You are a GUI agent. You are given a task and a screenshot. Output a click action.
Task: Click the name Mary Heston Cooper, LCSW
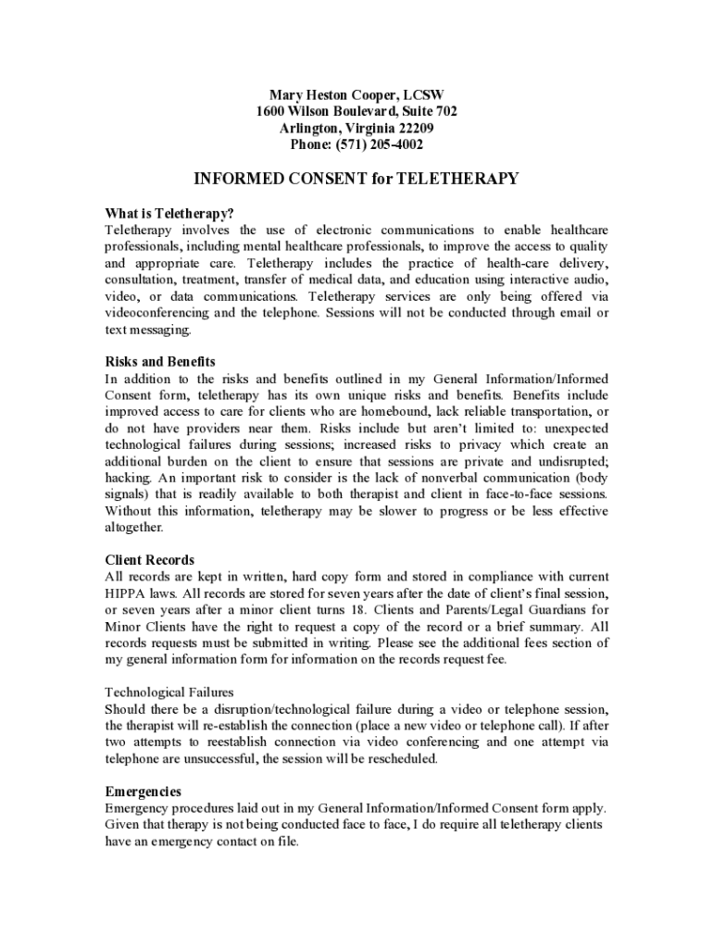coord(356,95)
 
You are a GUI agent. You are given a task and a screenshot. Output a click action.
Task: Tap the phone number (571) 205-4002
coord(382,145)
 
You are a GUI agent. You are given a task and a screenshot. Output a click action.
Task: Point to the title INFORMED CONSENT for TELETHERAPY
coord(356,179)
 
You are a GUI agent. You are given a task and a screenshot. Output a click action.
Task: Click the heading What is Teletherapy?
coord(163,213)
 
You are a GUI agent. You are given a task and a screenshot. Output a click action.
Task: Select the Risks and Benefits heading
coord(159,361)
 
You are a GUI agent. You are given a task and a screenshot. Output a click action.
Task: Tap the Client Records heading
coord(149,560)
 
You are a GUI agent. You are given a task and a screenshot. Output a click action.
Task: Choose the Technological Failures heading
coord(169,692)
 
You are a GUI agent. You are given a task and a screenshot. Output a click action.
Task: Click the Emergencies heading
coord(143,792)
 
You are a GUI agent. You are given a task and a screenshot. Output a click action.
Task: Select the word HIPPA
coord(124,593)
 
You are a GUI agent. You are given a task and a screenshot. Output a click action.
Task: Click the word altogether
coord(134,528)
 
